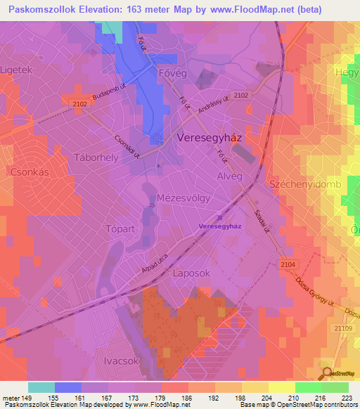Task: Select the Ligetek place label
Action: click(19, 71)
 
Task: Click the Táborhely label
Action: click(96, 158)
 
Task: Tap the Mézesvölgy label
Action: click(184, 198)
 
